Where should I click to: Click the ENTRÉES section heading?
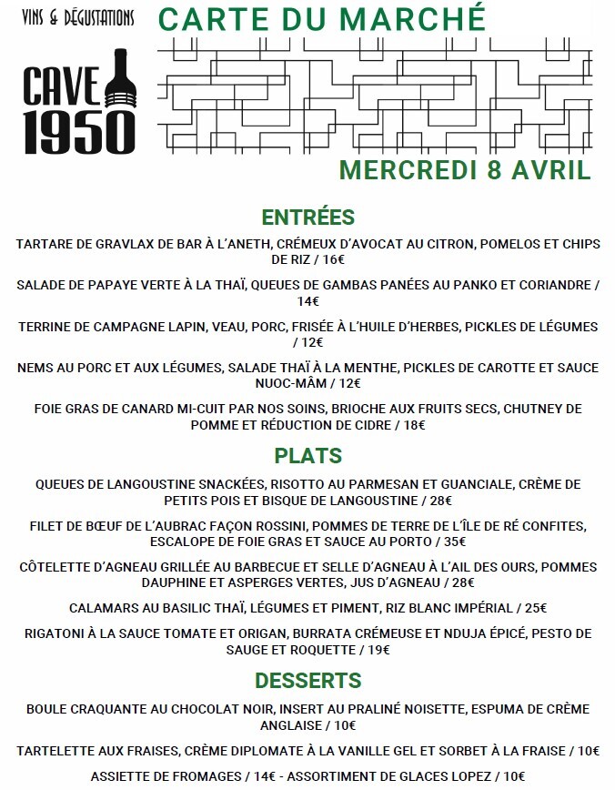pyautogui.click(x=307, y=218)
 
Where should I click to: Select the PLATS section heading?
pyautogui.click(x=307, y=456)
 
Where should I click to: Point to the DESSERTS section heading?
pyautogui.click(x=307, y=681)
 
